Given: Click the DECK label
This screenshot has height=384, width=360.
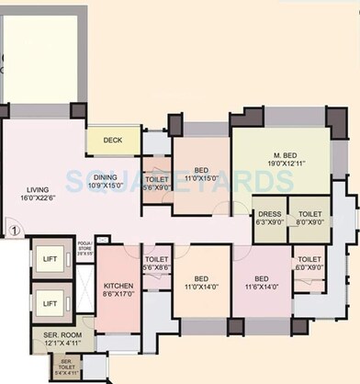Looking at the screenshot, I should pyautogui.click(x=113, y=141).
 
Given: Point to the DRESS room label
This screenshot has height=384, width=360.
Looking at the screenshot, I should pyautogui.click(x=269, y=213).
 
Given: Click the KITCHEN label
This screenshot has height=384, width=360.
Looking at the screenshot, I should pyautogui.click(x=118, y=287).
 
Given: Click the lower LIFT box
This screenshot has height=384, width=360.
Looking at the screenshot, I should pyautogui.click(x=50, y=302).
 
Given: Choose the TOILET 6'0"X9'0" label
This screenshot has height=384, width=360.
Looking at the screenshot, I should pyautogui.click(x=307, y=261).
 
